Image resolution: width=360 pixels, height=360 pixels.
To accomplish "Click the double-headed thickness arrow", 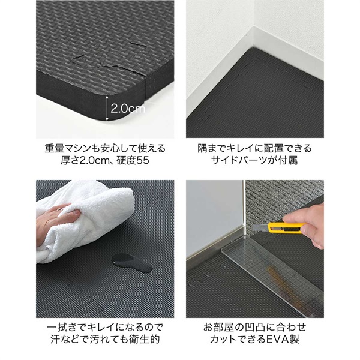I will coord(107,108).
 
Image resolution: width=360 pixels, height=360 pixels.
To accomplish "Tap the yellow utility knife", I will coord(284,227).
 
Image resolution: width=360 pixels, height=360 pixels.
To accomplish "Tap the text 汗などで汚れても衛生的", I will coord(105,341).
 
